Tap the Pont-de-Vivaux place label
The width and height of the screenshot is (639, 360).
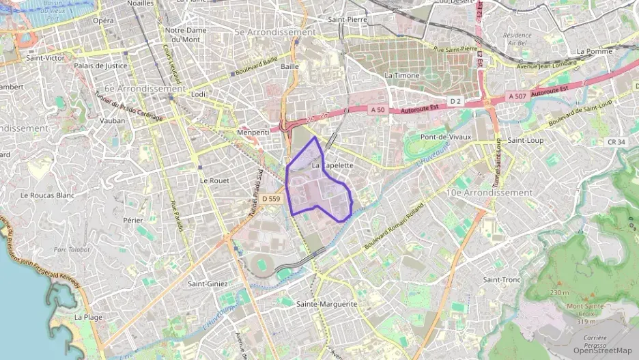(446, 137)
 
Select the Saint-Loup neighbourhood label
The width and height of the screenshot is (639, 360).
(525, 139)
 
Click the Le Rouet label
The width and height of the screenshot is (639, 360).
(214, 180)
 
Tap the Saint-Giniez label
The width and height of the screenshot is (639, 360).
(208, 283)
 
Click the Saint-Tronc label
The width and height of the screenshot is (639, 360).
(502, 279)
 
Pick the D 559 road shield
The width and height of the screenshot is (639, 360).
(270, 199)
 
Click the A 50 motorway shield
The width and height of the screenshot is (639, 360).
(378, 109)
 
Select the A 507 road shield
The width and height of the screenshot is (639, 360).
(517, 97)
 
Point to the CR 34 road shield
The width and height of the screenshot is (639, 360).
(616, 141)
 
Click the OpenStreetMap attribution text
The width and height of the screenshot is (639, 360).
(602, 350)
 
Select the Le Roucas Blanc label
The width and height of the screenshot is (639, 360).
(47, 195)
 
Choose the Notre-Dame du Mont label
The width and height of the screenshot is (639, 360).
(185, 34)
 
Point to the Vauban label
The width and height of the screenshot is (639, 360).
(113, 120)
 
